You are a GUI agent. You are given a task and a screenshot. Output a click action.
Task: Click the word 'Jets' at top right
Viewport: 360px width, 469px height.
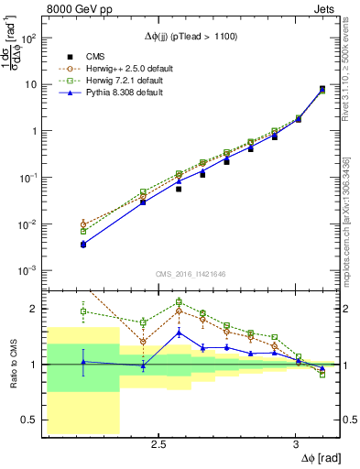pos(327,11)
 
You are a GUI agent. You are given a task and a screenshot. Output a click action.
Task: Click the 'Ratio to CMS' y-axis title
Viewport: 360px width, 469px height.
pos(12,365)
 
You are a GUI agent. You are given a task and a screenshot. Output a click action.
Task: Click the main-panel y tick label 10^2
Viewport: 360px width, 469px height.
pos(33,38)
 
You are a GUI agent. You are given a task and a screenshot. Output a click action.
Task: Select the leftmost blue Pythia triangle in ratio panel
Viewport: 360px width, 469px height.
pos(83,362)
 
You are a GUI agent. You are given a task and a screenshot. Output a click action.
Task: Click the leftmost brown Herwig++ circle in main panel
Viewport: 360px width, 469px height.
pos(83,224)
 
